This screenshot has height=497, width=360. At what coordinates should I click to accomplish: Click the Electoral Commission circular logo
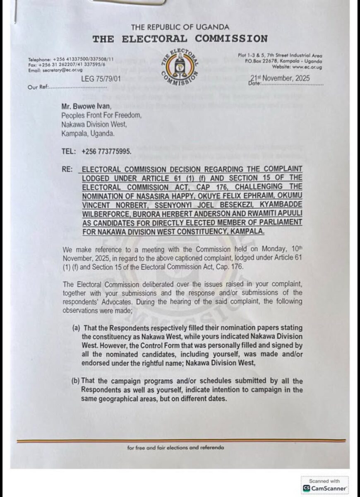[180, 68]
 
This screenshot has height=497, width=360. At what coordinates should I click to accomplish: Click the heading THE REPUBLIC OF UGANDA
[180, 27]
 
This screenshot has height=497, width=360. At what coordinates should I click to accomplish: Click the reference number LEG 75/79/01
[99, 78]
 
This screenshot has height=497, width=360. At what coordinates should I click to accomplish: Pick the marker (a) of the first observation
[76, 328]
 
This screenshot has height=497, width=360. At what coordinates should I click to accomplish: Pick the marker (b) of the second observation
[76, 381]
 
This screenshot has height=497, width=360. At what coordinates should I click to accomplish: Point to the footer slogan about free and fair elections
[176, 448]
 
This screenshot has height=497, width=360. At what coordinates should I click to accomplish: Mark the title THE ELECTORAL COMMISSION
[180, 39]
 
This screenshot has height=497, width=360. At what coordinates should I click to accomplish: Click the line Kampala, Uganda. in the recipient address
[88, 134]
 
